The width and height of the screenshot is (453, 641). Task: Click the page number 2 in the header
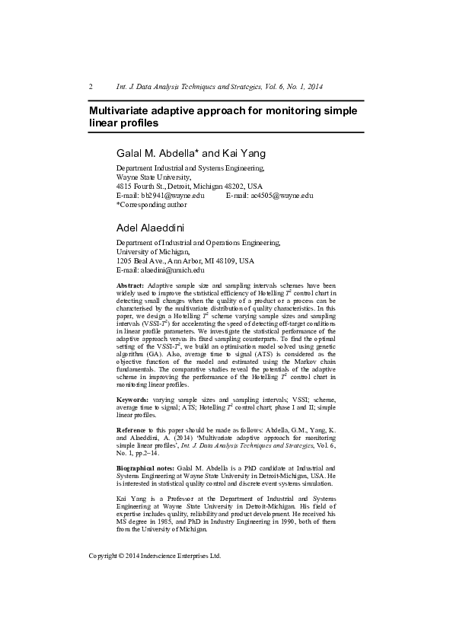pyautogui.click(x=91, y=86)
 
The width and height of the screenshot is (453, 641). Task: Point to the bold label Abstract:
pyautogui.click(x=130, y=284)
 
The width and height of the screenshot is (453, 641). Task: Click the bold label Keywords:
pyautogui.click(x=132, y=400)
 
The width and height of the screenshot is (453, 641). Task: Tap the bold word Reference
pyautogui.click(x=133, y=431)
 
